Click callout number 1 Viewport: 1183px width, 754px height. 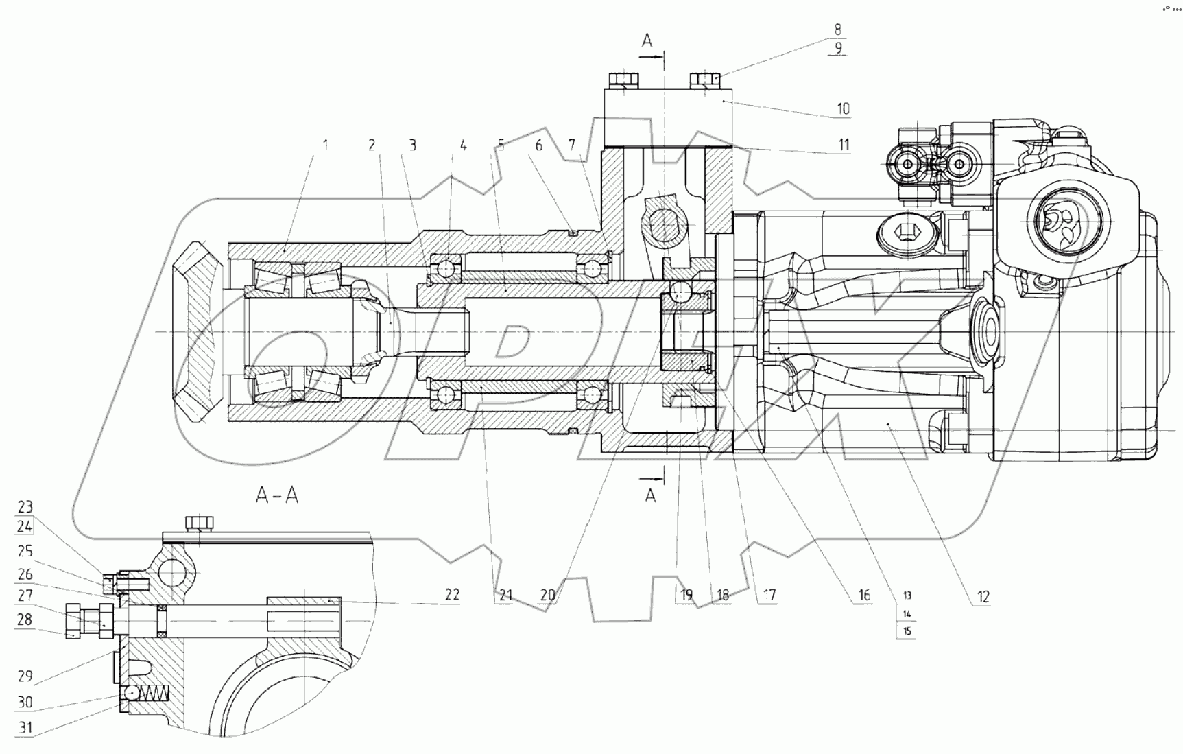pyautogui.click(x=326, y=145)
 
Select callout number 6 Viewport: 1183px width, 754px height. pyautogui.click(x=539, y=145)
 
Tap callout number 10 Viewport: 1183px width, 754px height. pyautogui.click(x=843, y=108)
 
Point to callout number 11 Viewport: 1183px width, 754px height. pyautogui.click(x=844, y=144)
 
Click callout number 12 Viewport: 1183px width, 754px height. pyautogui.click(x=983, y=596)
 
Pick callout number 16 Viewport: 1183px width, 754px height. pyautogui.click(x=863, y=595)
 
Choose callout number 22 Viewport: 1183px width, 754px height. pyautogui.click(x=451, y=594)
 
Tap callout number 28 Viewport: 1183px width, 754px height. pyautogui.click(x=25, y=620)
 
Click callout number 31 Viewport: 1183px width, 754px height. pyautogui.click(x=25, y=728)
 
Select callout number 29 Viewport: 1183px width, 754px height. pyautogui.click(x=25, y=676)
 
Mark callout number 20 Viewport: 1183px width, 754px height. pyautogui.click(x=547, y=595)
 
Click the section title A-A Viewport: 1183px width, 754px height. pyautogui.click(x=277, y=495)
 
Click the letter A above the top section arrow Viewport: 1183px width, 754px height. pyautogui.click(x=647, y=41)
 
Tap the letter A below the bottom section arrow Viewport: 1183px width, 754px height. pyautogui.click(x=650, y=495)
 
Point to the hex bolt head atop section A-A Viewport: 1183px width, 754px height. pyautogui.click(x=200, y=523)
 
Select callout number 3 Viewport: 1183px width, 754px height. pyautogui.click(x=413, y=145)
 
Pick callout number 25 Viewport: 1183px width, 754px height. pyautogui.click(x=25, y=551)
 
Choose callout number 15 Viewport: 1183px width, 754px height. pyautogui.click(x=907, y=631)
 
